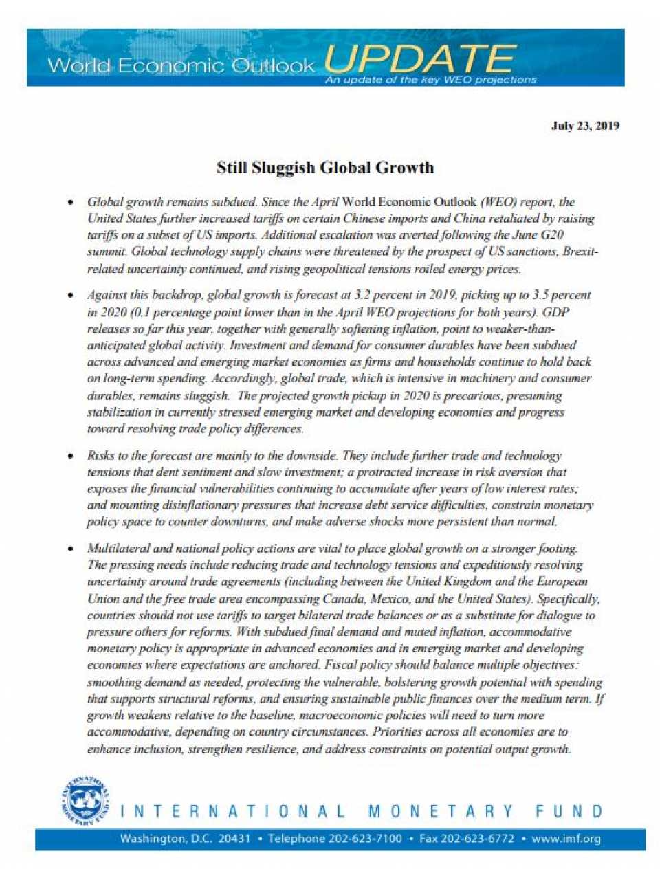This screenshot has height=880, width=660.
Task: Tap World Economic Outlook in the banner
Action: (x=181, y=66)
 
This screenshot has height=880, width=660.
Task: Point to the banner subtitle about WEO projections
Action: (x=430, y=80)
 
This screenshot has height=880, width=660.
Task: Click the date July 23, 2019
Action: (x=585, y=126)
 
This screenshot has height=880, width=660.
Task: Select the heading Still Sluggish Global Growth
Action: (x=325, y=168)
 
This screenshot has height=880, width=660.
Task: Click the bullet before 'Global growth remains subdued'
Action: (x=70, y=203)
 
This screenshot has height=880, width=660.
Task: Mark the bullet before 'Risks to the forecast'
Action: (x=70, y=456)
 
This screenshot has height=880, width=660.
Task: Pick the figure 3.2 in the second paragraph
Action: (x=362, y=295)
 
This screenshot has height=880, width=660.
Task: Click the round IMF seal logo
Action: (x=87, y=802)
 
